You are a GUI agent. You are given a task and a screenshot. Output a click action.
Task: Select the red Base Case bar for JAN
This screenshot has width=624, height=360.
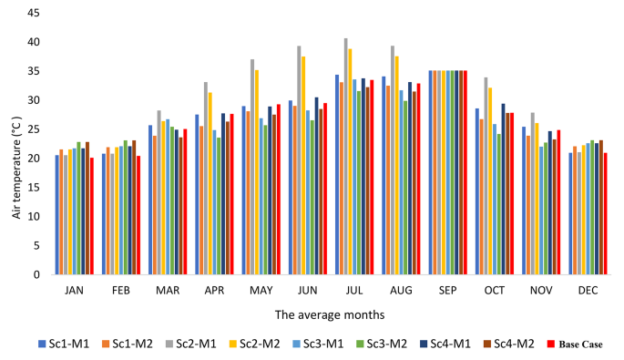(x=92, y=216)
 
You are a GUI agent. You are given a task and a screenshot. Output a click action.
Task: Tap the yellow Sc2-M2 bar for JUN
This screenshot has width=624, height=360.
(x=303, y=165)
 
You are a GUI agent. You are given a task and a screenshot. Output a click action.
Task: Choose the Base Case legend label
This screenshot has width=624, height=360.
(x=581, y=345)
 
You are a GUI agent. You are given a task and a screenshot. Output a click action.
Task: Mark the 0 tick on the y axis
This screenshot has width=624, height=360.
(x=36, y=274)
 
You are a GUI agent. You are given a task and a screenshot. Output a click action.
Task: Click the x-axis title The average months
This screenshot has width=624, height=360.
(x=330, y=314)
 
